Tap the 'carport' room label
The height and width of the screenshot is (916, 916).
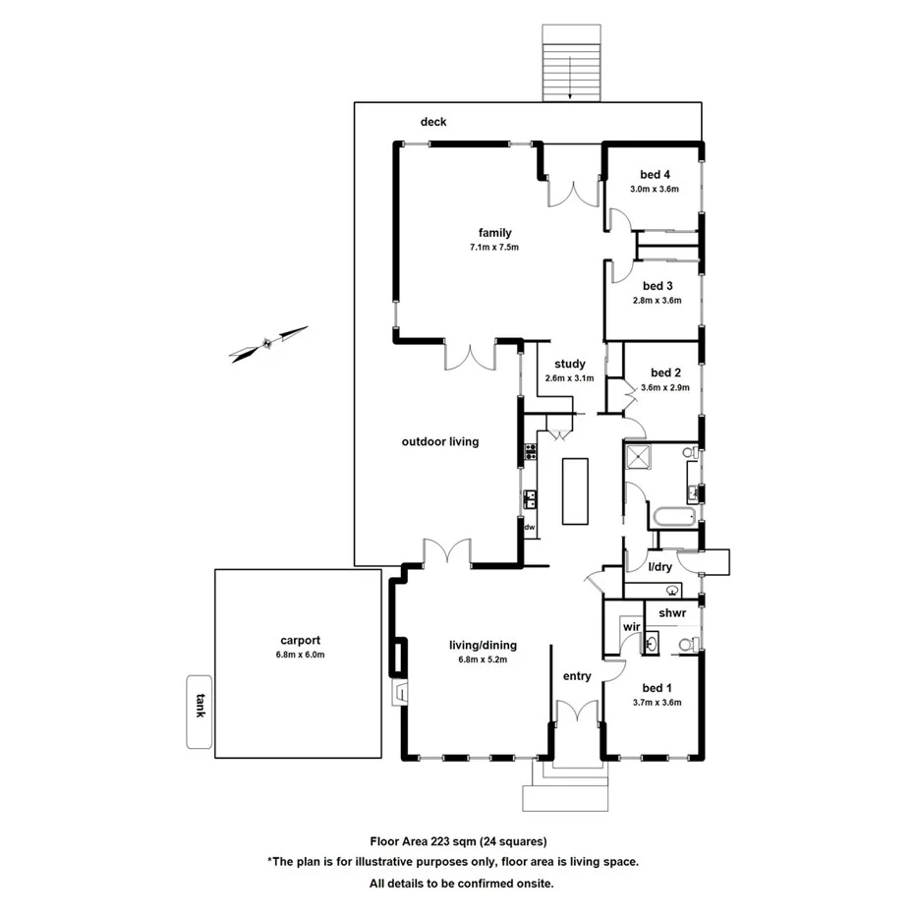(300, 639)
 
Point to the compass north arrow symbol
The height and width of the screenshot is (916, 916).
(267, 344)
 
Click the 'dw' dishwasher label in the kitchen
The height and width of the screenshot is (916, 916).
(529, 528)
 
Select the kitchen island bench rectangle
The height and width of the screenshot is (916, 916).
(575, 490)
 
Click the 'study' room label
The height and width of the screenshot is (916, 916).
(569, 364)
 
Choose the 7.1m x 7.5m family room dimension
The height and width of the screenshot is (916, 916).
(494, 247)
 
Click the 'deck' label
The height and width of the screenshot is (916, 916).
(433, 122)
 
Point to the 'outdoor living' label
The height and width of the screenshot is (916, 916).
(440, 442)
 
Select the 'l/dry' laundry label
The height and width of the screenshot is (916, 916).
(659, 567)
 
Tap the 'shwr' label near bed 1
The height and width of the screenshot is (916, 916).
(671, 612)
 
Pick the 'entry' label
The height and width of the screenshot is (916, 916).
(577, 676)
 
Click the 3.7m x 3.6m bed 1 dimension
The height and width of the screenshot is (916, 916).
(657, 703)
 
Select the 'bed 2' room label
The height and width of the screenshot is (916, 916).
(665, 372)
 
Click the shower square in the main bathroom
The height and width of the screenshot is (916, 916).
(643, 458)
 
